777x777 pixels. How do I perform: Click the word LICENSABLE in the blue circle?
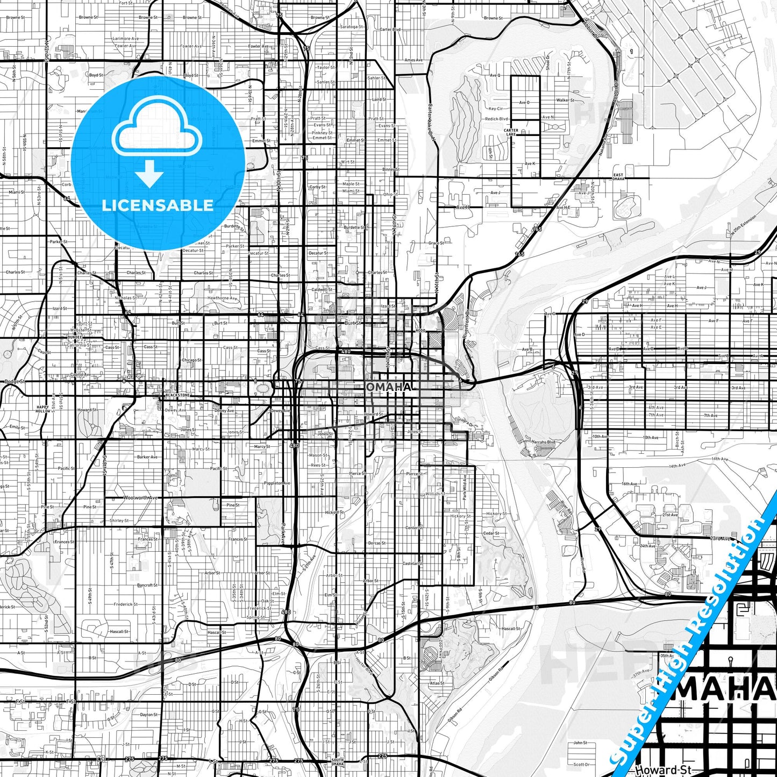click(x=158, y=205)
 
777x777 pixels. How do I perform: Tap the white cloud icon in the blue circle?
click(x=157, y=131)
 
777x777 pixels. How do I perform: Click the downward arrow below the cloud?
click(x=149, y=173)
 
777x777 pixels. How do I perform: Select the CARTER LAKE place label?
click(x=511, y=132)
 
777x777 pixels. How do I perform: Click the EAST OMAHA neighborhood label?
click(x=618, y=177)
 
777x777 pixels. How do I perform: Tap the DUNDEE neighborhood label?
click(x=76, y=337)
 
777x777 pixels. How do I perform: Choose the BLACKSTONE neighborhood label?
click(x=178, y=395)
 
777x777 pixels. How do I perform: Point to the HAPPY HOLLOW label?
click(x=42, y=409)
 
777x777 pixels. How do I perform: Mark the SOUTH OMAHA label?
click(x=337, y=762)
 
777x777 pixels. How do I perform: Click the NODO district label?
click(x=420, y=331)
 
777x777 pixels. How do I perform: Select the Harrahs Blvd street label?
click(x=543, y=442)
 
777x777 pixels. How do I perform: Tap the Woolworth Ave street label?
click(x=140, y=498)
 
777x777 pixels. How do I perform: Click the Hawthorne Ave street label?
click(x=222, y=298)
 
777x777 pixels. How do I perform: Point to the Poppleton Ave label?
click(x=277, y=483)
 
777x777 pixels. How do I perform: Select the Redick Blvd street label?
click(x=496, y=119)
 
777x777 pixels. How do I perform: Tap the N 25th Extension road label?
click(x=743, y=225)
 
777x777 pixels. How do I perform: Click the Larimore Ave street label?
click(x=125, y=39)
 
